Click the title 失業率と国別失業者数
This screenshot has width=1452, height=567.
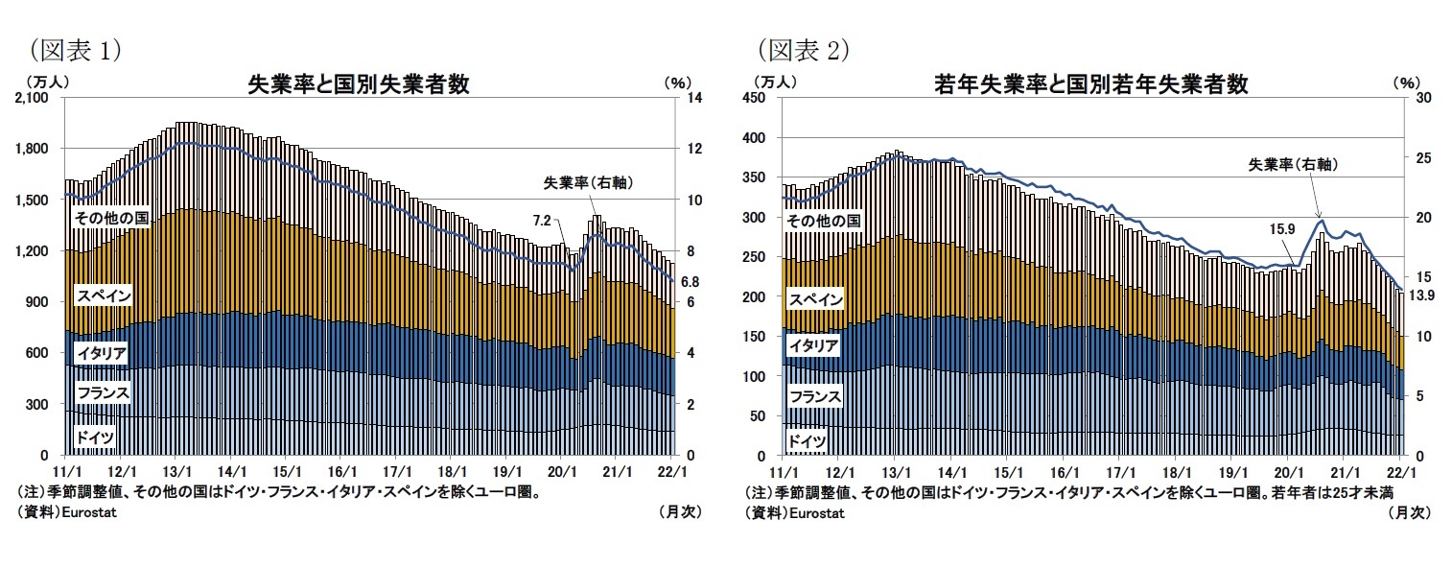[358, 84]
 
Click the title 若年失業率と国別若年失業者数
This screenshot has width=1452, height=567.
[1090, 84]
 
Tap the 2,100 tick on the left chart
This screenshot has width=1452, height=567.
[37, 99]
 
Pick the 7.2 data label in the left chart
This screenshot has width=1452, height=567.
[542, 221]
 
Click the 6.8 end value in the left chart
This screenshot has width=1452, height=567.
[689, 282]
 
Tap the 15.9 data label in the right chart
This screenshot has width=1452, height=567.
[1281, 228]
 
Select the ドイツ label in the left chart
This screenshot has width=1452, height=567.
[95, 437]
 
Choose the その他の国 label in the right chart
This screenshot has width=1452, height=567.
[822, 221]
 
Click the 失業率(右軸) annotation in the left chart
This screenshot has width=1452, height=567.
[589, 182]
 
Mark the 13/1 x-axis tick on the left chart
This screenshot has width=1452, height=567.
[176, 472]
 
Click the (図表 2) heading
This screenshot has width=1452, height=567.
[803, 50]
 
